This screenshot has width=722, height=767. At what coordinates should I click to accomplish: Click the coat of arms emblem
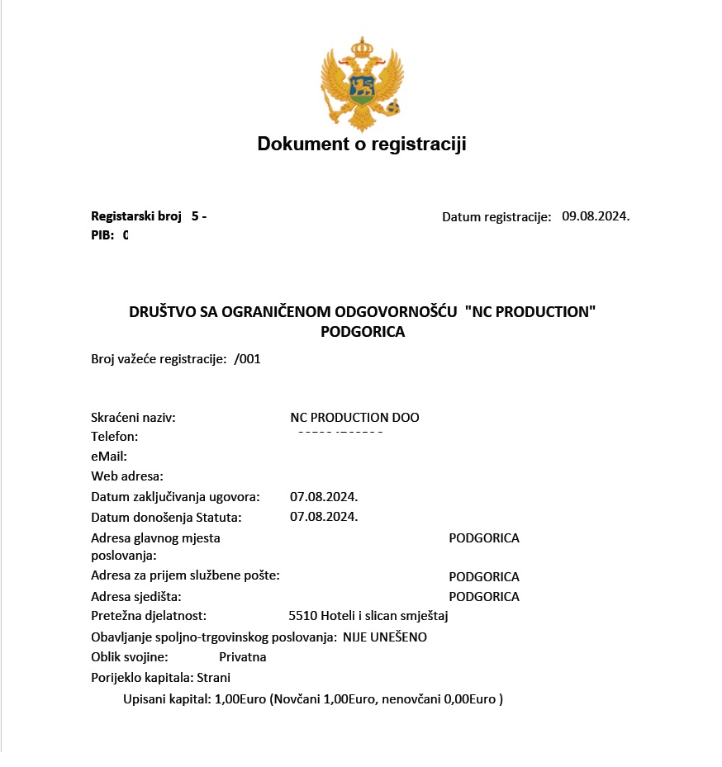360,83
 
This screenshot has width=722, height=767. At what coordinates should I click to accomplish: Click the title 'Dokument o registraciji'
362,144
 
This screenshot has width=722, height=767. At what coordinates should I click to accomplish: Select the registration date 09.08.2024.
596,216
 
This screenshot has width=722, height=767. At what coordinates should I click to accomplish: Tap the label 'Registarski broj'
135,216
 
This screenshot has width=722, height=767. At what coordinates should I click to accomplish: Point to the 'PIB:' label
102,235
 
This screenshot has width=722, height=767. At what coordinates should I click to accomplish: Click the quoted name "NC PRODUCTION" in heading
530,312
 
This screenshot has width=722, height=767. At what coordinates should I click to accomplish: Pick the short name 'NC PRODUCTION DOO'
354,418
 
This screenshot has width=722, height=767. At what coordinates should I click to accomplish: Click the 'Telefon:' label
114,436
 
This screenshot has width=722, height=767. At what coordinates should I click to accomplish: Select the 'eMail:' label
109,456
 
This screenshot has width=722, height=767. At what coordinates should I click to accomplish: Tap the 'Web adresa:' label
127,476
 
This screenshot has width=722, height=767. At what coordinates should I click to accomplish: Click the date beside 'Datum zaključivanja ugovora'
324,497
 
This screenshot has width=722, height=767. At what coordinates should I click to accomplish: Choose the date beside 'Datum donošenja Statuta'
324,517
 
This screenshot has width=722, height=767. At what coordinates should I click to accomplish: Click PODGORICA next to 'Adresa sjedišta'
484,596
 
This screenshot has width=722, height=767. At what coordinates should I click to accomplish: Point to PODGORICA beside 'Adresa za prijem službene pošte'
484,576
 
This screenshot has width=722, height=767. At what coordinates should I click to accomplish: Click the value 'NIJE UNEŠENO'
385,637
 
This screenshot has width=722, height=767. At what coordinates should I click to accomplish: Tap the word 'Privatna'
243,657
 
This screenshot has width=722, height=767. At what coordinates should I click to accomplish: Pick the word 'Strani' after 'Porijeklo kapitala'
213,678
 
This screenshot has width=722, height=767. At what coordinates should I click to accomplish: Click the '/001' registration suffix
248,359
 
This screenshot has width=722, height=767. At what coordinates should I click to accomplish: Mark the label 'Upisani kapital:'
167,699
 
